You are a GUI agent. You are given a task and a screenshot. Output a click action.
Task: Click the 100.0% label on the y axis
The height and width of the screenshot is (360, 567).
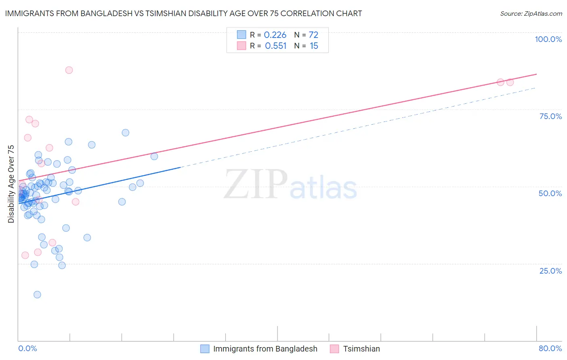click(548, 39)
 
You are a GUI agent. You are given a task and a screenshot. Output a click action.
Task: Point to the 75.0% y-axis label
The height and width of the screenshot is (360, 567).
click(550, 116)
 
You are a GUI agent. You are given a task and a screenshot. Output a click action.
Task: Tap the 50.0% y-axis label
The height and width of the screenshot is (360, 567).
click(550, 193)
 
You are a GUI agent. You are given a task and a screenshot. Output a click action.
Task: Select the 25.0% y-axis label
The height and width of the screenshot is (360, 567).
click(550, 271)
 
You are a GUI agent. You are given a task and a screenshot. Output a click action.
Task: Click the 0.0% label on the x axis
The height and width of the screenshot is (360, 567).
click(27, 348)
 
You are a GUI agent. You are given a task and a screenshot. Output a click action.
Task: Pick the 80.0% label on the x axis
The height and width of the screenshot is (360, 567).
click(550, 348)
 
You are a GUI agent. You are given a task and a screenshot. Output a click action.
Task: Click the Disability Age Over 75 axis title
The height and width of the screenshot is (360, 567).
click(11, 184)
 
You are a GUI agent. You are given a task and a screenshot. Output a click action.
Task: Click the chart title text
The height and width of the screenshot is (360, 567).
click(183, 13)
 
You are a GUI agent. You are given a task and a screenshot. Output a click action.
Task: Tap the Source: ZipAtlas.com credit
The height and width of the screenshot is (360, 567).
click(531, 14)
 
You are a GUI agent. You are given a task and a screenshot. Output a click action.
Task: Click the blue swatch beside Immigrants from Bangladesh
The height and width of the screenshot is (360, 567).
click(205, 349)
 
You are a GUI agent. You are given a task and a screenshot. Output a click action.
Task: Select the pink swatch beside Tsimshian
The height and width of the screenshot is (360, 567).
click(334, 349)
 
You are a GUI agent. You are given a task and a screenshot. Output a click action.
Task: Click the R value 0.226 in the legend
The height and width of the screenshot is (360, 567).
click(275, 35)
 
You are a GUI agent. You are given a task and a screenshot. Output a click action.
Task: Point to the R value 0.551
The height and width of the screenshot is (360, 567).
click(275, 46)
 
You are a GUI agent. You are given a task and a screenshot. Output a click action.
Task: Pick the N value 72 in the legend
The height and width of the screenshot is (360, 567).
click(313, 35)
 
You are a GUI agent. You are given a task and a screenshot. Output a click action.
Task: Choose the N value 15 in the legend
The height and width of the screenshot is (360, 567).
click(314, 46)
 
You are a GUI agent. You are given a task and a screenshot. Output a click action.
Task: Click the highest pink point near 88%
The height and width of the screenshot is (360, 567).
click(69, 70)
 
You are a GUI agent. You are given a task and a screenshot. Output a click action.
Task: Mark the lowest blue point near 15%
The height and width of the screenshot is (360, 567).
click(37, 295)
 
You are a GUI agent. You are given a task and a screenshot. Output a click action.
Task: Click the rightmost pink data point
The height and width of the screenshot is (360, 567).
click(510, 82)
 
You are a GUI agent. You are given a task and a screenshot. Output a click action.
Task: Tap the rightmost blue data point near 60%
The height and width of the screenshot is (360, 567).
click(154, 157)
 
